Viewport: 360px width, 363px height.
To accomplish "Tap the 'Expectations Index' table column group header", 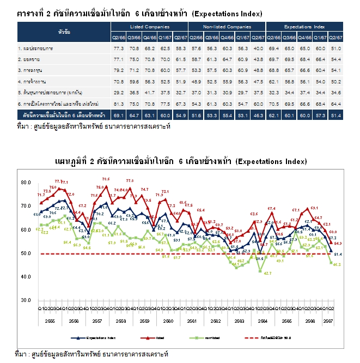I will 304,26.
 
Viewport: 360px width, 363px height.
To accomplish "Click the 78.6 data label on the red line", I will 106,179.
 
